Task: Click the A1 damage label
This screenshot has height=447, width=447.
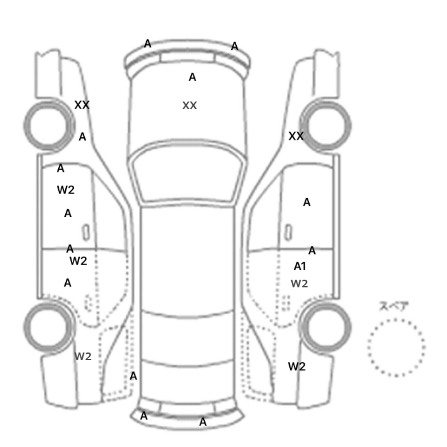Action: point(300,266)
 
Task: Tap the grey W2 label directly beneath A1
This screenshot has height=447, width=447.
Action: point(299,284)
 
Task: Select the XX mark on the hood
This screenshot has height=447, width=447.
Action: point(190,105)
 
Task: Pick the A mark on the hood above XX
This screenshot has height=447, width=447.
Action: point(192,77)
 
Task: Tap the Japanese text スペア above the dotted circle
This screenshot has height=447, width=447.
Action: point(394,306)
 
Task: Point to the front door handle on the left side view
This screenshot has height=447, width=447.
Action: point(86,232)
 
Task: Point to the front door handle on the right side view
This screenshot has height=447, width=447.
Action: point(289,232)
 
